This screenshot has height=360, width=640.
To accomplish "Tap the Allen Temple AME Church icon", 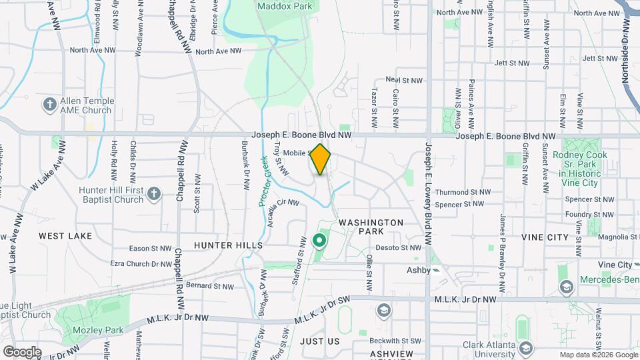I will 49,105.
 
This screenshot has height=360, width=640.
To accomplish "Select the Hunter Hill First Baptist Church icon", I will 154,194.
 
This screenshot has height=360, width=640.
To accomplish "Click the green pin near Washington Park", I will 319,240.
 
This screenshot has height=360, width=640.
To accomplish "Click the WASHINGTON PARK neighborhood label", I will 371,227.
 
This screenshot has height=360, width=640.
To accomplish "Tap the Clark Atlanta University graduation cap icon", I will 526,347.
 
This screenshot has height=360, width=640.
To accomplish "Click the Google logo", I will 22,351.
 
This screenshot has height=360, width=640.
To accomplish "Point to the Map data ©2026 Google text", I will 598,355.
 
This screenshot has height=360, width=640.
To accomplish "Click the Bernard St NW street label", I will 209,286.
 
